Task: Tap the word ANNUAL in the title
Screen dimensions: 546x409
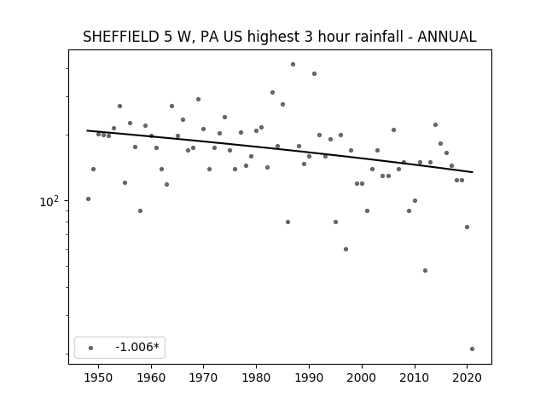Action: (x=447, y=37)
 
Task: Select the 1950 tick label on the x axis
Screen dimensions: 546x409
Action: (x=99, y=377)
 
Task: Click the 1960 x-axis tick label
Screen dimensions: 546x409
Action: (x=151, y=377)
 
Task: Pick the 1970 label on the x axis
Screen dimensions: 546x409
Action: (x=203, y=377)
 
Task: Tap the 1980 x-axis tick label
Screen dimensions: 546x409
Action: (x=256, y=377)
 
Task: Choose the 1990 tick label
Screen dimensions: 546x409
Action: (x=309, y=377)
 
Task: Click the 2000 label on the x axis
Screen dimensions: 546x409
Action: (x=362, y=377)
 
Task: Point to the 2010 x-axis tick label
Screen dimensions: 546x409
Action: (x=415, y=377)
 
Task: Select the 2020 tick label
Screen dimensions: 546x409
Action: (x=467, y=377)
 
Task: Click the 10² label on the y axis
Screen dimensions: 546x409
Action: (x=49, y=201)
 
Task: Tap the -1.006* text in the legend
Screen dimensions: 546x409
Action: (x=137, y=347)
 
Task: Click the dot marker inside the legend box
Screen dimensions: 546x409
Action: (x=90, y=348)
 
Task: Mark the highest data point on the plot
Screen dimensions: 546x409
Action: (x=293, y=65)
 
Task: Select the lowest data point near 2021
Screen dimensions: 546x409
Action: (x=472, y=349)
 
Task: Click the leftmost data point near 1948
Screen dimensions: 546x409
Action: (x=88, y=199)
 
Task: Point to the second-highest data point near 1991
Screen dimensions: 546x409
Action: (x=314, y=74)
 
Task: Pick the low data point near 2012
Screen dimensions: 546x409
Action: (x=425, y=271)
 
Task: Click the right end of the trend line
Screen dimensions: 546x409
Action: (x=473, y=172)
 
